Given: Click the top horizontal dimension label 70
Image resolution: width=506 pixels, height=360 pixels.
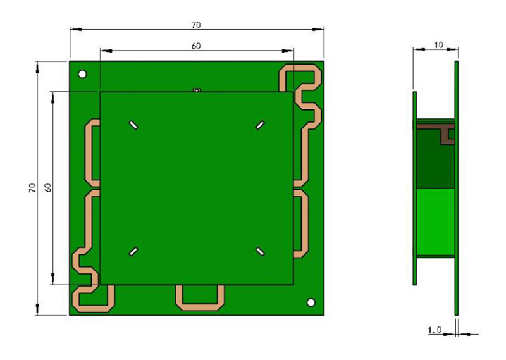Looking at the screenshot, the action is coord(196,25).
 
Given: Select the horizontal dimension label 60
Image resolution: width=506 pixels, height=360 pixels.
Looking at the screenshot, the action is coord(196,46).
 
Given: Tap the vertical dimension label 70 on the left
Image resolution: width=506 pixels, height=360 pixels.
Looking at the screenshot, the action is coord(32,188).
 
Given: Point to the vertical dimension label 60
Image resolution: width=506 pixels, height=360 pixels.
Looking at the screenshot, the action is coord(48,188).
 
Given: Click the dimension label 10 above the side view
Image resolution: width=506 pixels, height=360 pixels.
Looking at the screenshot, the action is coord(438,45).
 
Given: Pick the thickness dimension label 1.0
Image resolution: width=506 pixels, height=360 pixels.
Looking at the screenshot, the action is coord(435,330).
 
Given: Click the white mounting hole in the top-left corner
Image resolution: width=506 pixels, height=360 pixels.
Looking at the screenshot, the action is coord(82,74).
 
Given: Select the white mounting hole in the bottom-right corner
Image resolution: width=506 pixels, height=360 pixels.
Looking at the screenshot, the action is coord(311,302).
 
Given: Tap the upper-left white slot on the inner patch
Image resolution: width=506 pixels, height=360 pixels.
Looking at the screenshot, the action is coord(133,125).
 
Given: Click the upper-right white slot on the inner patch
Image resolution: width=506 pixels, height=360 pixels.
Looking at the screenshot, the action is coord(260,125).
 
